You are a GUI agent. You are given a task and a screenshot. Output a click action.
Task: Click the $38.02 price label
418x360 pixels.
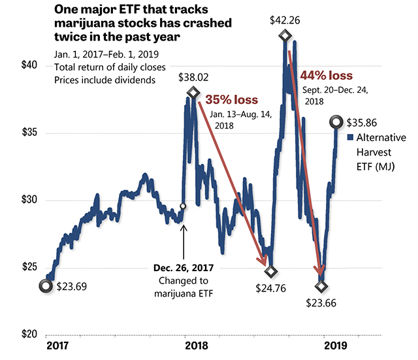[x=195, y=77]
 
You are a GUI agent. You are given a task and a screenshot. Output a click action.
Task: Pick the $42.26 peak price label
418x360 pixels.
[x=286, y=20]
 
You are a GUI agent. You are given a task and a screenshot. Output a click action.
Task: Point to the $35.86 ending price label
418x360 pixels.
[x=365, y=122]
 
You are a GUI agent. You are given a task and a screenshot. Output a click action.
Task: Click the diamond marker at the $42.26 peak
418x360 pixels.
[x=285, y=35]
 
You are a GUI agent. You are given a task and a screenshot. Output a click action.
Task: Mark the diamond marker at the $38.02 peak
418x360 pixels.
[x=193, y=93]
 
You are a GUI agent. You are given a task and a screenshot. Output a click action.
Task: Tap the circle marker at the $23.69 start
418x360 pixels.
[x=46, y=285]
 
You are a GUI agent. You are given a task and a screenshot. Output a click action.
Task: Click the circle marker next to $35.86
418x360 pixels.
[x=337, y=121]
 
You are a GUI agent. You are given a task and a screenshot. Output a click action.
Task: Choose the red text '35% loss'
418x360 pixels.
[x=232, y=101]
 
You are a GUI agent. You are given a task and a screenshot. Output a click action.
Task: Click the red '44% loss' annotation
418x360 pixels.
[x=327, y=76]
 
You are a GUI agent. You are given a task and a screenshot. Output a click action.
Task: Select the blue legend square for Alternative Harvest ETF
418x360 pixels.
[x=350, y=138]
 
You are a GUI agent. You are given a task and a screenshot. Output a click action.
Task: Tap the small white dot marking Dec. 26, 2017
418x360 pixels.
[x=183, y=206]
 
